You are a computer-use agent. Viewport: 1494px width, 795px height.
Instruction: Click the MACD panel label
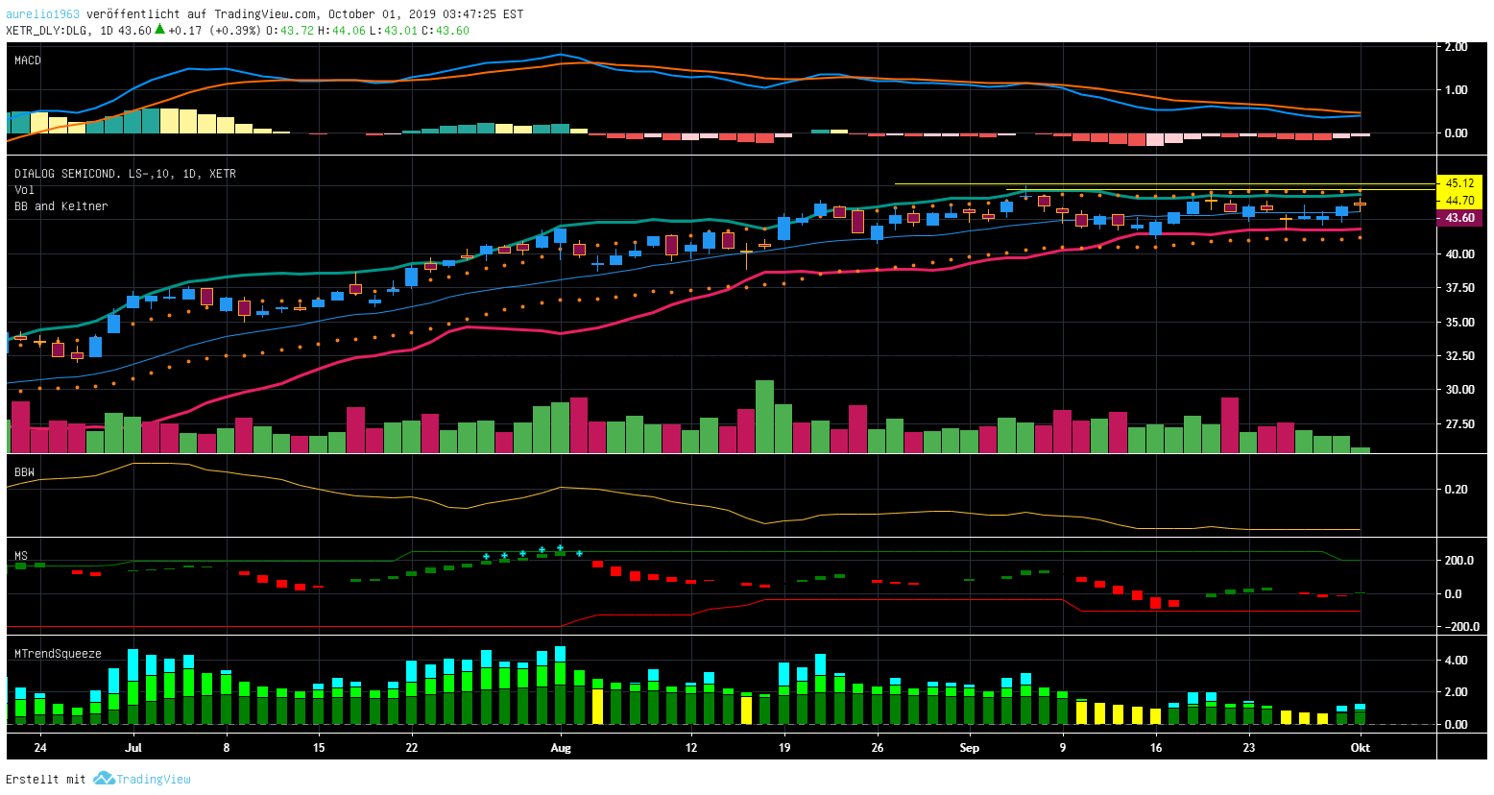point(27,60)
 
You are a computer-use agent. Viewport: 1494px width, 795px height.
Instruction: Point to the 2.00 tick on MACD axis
point(1455,47)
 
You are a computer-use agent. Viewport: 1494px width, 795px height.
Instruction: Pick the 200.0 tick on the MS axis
point(1459,561)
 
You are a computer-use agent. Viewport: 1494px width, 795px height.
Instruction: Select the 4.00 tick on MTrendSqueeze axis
point(1456,661)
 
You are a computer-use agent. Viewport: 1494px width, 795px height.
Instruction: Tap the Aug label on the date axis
point(561,748)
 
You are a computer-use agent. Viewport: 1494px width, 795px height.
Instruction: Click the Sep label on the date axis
point(970,748)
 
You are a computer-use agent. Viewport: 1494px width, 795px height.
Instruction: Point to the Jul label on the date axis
point(133,748)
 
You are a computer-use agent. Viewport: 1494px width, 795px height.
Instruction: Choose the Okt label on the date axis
point(1360,748)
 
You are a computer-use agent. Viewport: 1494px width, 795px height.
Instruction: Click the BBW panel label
point(24,472)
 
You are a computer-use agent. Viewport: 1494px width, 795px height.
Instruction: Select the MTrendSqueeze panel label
point(58,654)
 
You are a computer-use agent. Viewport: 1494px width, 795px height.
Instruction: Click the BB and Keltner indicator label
point(60,206)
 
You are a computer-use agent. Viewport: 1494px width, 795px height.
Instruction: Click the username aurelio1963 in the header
point(43,14)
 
